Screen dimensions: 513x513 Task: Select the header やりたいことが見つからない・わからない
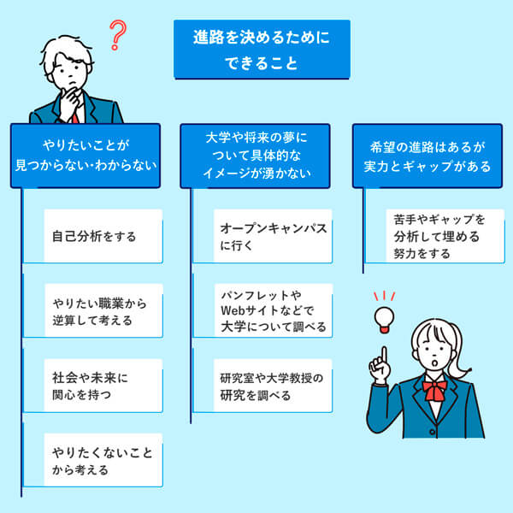tap(85, 155)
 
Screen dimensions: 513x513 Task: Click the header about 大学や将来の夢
tap(256, 155)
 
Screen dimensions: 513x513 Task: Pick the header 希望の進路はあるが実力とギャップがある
tap(427, 155)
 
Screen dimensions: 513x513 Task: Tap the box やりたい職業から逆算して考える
tap(93, 312)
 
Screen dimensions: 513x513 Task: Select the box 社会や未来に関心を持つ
tap(93, 386)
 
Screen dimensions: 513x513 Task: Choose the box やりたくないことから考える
tap(93, 460)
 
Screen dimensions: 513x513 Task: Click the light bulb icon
tap(384, 317)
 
